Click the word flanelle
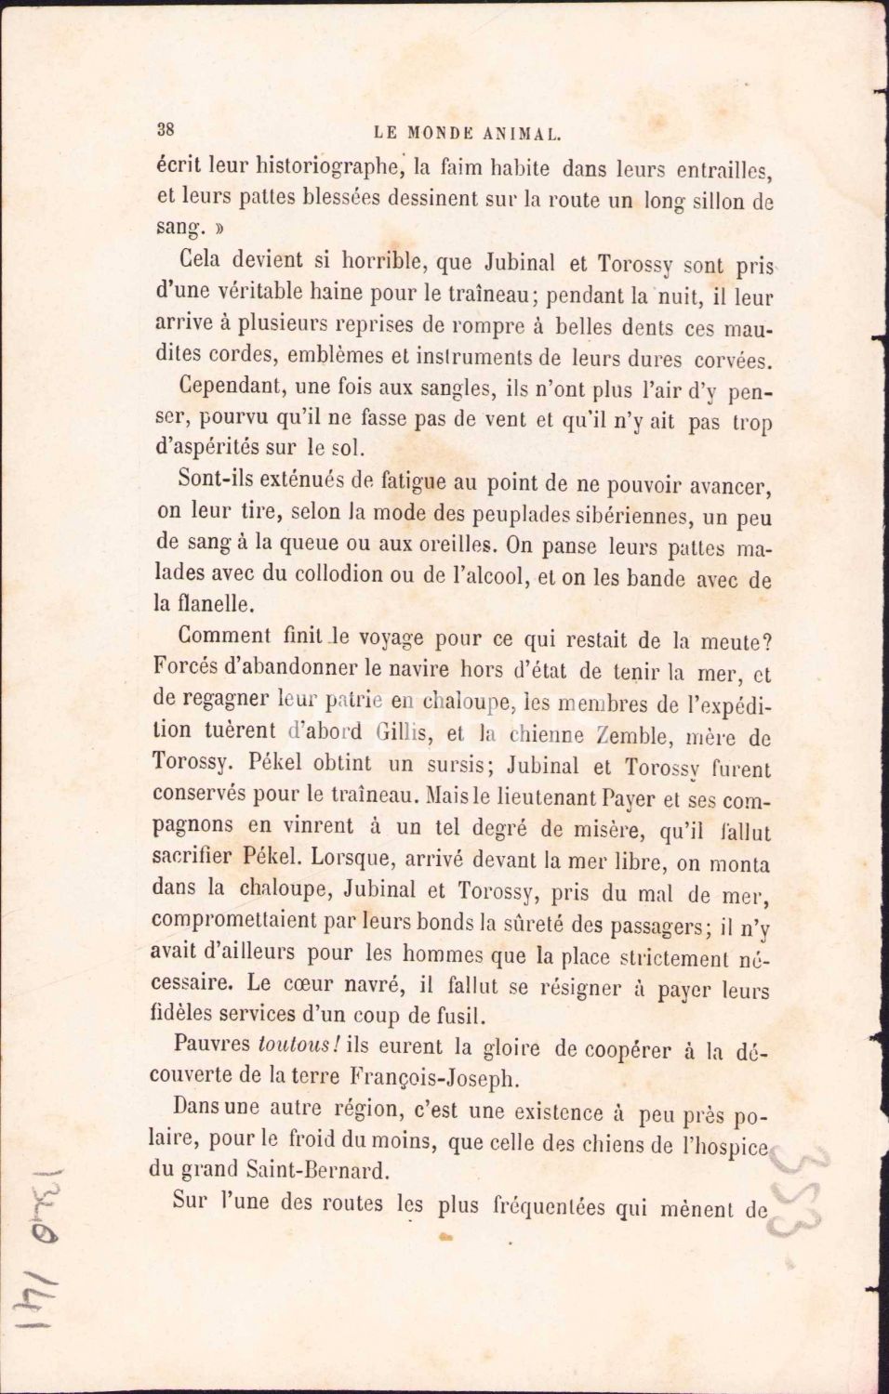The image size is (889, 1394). (x=203, y=603)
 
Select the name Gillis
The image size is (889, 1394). (x=407, y=732)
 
